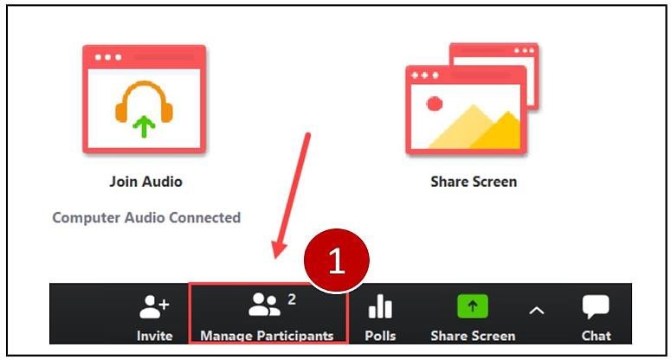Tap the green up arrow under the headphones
[x=144, y=126]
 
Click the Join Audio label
[x=145, y=182]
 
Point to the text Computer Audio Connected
[x=146, y=217]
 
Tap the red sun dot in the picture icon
[x=435, y=103]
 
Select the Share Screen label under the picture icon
[x=474, y=182]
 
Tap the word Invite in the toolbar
[x=154, y=336]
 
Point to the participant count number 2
[x=292, y=299]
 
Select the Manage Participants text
[x=267, y=336]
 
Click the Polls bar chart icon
[x=380, y=306]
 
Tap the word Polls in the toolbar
[x=380, y=336]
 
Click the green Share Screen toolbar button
[x=473, y=306]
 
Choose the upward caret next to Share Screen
[x=537, y=310]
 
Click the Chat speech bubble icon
[x=596, y=307]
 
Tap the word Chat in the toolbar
[x=596, y=336]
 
